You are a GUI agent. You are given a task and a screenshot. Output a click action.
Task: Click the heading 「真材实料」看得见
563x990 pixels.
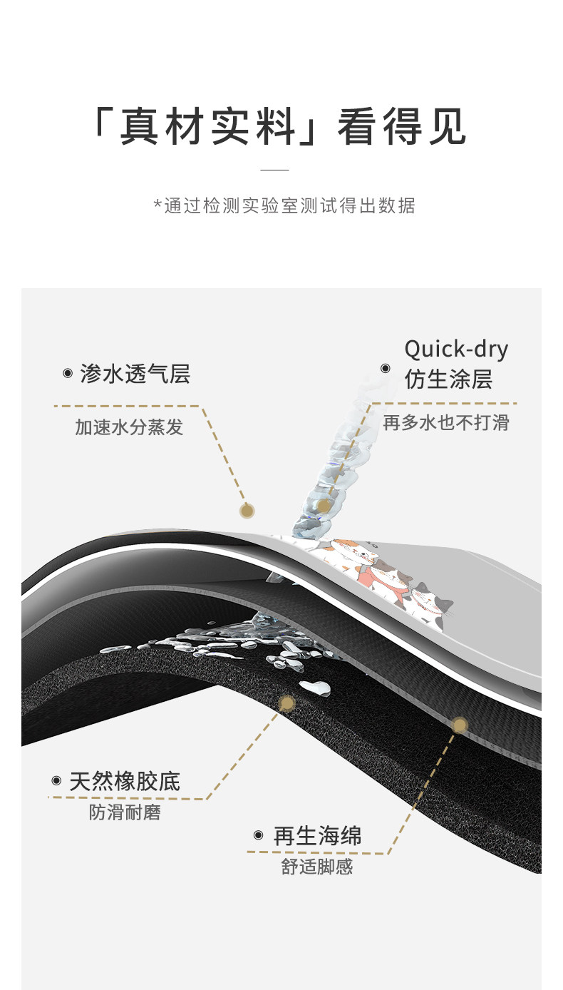279,127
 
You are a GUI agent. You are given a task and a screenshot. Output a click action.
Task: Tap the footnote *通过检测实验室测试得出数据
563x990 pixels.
284,206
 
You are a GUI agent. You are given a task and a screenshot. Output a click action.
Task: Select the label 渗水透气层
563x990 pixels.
135,374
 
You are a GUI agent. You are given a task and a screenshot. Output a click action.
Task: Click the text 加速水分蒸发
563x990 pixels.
129,427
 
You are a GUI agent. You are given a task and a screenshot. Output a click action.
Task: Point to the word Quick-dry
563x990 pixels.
456,349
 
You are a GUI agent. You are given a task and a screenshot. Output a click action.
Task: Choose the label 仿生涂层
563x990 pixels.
448,379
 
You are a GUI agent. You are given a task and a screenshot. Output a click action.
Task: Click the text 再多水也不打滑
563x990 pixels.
446,422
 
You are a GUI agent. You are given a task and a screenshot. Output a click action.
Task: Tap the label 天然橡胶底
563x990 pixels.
125,781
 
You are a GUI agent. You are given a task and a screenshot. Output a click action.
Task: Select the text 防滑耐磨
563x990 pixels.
125,812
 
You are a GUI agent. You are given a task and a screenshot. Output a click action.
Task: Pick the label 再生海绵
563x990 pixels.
317,836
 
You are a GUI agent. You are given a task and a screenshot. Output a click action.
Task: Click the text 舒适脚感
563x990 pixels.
317,867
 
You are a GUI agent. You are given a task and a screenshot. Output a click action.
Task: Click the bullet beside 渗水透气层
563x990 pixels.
68,373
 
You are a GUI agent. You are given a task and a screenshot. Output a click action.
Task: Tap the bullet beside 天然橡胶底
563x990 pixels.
56,781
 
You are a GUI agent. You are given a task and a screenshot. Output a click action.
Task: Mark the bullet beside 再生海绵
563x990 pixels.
259,835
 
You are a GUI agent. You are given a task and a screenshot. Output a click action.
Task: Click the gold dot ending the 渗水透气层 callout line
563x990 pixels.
247,510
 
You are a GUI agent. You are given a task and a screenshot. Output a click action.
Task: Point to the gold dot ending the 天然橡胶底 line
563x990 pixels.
287,704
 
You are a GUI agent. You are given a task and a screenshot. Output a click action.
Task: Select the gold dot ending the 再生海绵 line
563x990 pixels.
460,725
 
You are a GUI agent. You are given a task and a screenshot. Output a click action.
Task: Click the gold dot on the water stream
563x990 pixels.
324,506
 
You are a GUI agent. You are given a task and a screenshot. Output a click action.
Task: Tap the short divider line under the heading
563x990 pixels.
274,170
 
